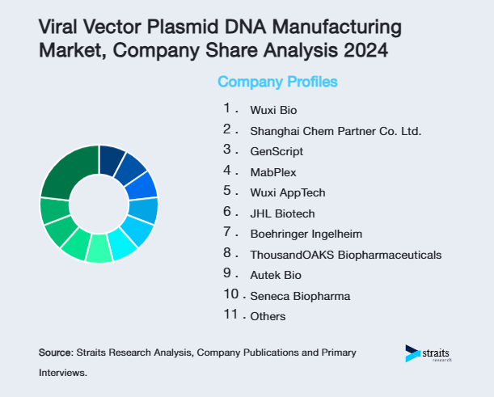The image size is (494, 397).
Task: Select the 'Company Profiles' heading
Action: (277, 82)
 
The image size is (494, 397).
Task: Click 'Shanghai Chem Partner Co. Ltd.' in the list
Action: (336, 130)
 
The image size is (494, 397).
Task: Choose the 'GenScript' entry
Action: (277, 150)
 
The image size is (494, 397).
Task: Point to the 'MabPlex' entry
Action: (273, 171)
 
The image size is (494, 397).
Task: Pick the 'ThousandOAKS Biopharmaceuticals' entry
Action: (345, 255)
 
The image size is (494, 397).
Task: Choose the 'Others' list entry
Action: (268, 316)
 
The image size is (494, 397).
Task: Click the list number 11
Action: (230, 315)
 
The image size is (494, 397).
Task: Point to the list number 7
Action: (228, 232)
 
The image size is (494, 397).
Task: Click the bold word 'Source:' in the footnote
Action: (56, 353)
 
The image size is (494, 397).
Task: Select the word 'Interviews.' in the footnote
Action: (62, 374)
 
